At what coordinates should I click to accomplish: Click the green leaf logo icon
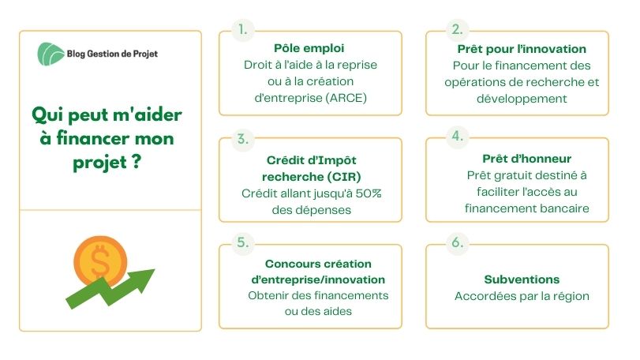click(x=51, y=54)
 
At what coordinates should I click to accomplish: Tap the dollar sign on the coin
click(x=100, y=261)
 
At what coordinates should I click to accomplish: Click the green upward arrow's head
click(x=142, y=279)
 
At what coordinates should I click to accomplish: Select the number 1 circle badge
click(x=243, y=30)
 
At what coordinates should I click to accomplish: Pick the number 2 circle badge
click(x=458, y=29)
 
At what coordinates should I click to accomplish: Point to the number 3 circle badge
click(x=243, y=139)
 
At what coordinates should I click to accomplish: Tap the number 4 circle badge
click(x=458, y=137)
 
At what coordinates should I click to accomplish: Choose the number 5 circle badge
click(x=243, y=242)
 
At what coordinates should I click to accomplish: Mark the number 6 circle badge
click(x=458, y=242)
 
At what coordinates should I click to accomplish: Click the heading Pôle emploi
click(x=309, y=48)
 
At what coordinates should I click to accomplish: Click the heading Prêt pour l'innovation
click(x=522, y=49)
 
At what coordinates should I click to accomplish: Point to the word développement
click(x=522, y=99)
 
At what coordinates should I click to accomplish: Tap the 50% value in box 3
click(x=369, y=193)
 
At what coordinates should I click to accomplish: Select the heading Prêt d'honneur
click(x=526, y=159)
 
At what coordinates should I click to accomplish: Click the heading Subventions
click(x=522, y=279)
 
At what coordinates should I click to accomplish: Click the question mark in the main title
click(x=137, y=162)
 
